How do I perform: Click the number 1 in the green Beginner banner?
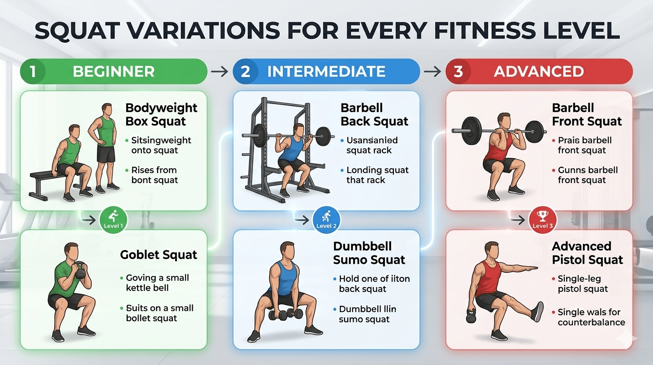[x=33, y=72]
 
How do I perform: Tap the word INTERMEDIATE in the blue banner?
[x=326, y=72]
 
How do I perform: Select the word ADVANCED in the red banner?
[x=539, y=72]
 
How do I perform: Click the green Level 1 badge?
[x=113, y=221]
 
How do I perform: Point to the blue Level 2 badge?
[x=326, y=221]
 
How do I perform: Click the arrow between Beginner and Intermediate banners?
[x=219, y=72]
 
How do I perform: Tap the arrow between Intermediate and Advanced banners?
[x=432, y=72]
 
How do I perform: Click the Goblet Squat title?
[x=159, y=255]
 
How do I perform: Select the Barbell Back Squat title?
[x=374, y=115]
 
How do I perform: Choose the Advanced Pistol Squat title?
[x=588, y=253]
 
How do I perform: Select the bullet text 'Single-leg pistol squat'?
[x=583, y=284]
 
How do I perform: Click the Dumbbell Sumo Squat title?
[x=369, y=253]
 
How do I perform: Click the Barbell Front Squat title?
[x=587, y=115]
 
